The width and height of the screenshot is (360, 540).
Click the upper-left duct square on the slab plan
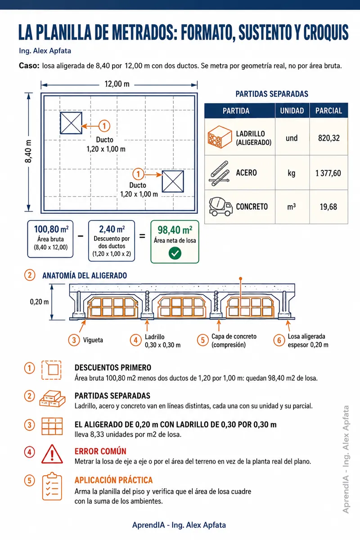[x=71, y=123]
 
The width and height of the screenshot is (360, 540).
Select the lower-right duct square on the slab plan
[x=173, y=181]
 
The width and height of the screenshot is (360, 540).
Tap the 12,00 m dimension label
[x=117, y=84]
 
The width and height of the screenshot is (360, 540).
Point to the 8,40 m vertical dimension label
[x=28, y=151]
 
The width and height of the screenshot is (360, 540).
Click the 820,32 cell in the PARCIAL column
[x=328, y=138]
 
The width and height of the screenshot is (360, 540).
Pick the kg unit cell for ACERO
[x=292, y=173]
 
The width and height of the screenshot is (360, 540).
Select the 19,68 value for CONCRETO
[x=328, y=207]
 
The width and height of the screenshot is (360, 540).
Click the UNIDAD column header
[x=292, y=111]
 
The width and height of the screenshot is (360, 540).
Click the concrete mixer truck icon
[x=220, y=207]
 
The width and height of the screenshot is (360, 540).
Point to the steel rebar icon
[x=220, y=173]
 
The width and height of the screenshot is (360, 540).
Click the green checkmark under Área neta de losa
[x=175, y=253]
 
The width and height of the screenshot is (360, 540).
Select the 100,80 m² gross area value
[x=51, y=229]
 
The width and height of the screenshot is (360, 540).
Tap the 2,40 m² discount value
[x=112, y=229]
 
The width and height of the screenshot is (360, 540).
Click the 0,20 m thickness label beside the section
[x=39, y=302]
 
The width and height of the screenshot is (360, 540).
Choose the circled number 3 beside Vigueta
[x=74, y=340]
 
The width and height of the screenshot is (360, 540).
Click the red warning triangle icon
[x=52, y=454]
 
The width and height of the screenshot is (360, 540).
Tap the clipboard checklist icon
[x=52, y=486]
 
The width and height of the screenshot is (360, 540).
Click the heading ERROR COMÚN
[x=100, y=451]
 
